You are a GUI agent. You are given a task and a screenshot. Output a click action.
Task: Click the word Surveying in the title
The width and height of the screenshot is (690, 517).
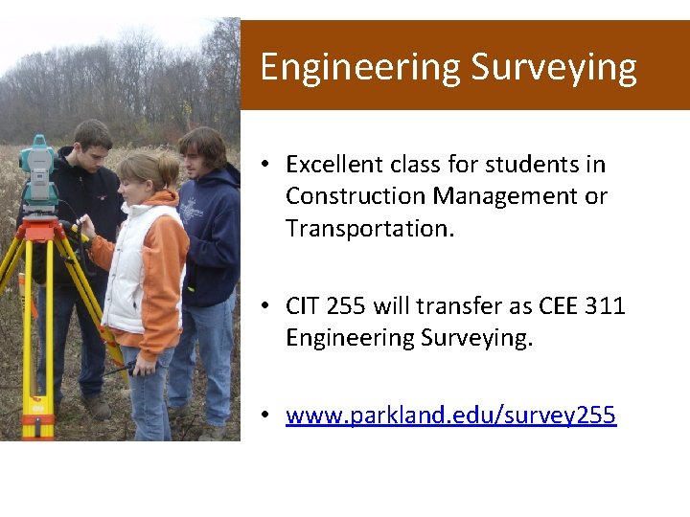[554, 68]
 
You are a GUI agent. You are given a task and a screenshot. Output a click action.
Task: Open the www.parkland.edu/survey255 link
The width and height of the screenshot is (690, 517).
[450, 416]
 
